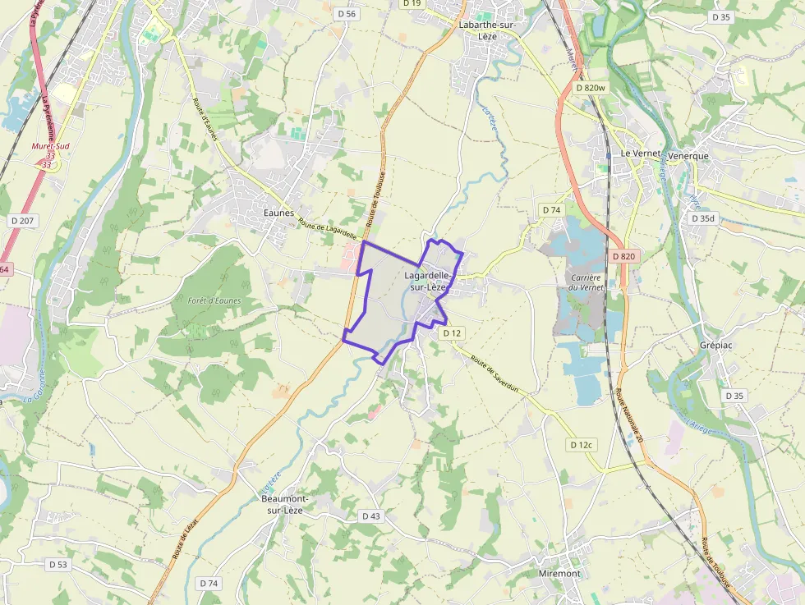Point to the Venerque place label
(688, 155)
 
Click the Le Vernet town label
(641, 154)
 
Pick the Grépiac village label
(715, 346)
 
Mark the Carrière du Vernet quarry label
(586, 282)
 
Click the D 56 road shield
(347, 14)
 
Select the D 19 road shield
(412, 3)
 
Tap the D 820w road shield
(591, 88)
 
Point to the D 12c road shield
(581, 445)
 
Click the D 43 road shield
(371, 516)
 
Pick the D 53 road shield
(57, 565)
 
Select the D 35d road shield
(704, 218)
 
